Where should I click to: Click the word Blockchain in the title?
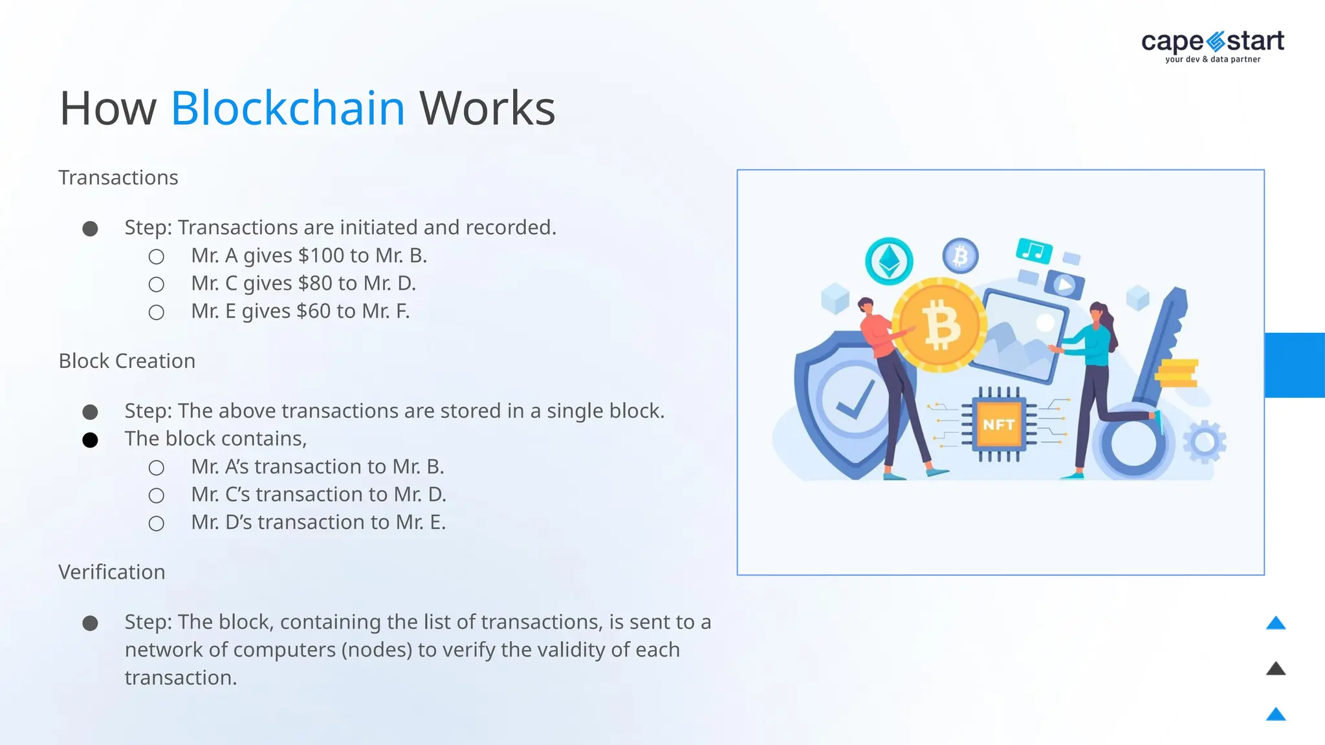pos(288,108)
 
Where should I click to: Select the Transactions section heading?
pos(118,178)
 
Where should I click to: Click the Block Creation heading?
pos(127,361)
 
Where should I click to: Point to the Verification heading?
pos(112,572)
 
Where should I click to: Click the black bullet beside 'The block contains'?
pos(91,440)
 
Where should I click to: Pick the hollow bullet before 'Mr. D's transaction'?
pos(157,523)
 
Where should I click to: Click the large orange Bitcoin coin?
pos(939,325)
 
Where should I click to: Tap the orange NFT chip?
pos(998,424)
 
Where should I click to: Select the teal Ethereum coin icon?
pos(889,261)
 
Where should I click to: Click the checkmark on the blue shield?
pos(855,400)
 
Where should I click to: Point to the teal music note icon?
pos(1033,251)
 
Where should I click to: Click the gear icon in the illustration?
pos(1204,442)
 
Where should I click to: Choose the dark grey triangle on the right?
pos(1275,669)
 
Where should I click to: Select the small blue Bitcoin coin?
pos(960,256)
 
